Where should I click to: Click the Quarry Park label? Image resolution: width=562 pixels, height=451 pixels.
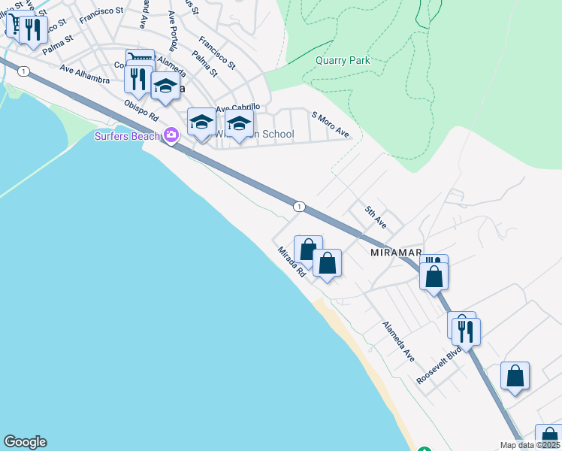click(x=343, y=61)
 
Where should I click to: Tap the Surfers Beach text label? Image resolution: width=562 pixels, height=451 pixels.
click(x=127, y=136)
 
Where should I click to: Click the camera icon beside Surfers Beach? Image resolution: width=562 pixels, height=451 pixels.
click(x=171, y=135)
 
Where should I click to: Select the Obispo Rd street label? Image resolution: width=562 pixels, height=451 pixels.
click(x=142, y=110)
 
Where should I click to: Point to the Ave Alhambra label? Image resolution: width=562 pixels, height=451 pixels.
click(x=85, y=76)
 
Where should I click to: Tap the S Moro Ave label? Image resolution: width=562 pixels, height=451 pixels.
click(x=331, y=124)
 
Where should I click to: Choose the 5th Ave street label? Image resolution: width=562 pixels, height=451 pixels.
click(x=376, y=218)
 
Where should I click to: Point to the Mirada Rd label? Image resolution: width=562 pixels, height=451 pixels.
click(x=291, y=262)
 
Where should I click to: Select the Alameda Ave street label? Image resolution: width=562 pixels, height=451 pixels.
click(x=398, y=340)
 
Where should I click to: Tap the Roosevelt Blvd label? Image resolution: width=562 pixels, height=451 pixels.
click(x=439, y=366)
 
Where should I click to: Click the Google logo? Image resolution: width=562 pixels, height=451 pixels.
click(x=25, y=442)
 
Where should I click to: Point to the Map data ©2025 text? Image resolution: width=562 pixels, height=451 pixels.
click(x=530, y=445)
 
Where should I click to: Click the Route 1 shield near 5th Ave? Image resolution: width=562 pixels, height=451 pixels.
click(x=299, y=206)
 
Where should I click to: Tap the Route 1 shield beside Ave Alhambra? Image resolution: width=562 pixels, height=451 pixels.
click(x=25, y=71)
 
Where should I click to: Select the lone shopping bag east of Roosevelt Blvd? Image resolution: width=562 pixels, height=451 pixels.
click(x=515, y=376)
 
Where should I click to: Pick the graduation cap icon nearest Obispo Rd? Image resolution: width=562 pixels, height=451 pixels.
click(x=165, y=86)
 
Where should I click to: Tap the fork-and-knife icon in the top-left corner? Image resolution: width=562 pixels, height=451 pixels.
click(x=32, y=29)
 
